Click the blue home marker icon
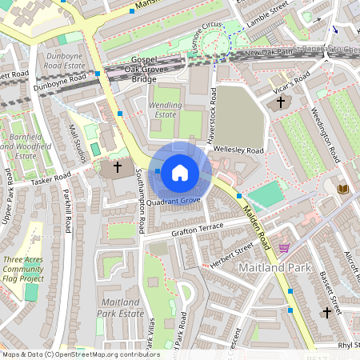pyautogui.click(x=179, y=171)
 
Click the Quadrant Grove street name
pyautogui.click(x=174, y=201)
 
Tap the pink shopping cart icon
pyautogui.click(x=284, y=248)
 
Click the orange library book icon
pyautogui.click(x=344, y=188)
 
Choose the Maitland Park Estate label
pyautogui.click(x=123, y=307)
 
